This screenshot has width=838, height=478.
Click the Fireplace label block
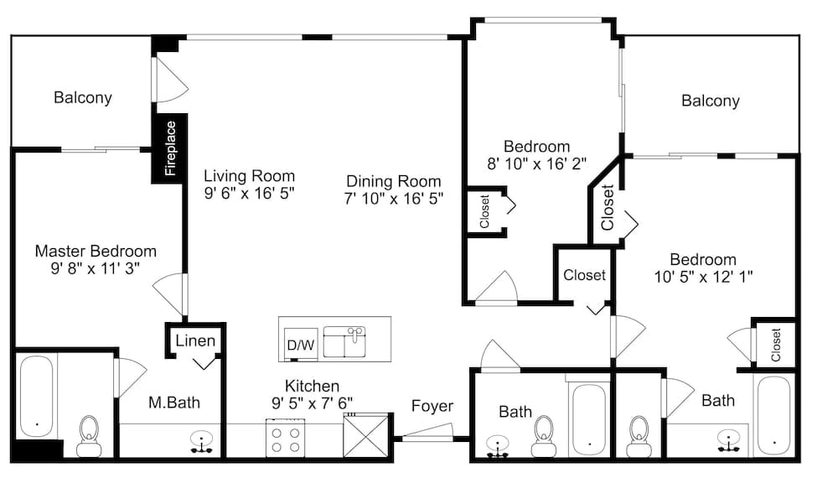click(170, 149)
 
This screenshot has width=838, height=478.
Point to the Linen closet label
click(195, 341)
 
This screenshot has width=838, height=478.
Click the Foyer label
click(432, 406)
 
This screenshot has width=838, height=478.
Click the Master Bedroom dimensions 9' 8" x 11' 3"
click(96, 268)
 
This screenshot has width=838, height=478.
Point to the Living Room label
click(250, 176)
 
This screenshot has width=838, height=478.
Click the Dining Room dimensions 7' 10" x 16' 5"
click(394, 199)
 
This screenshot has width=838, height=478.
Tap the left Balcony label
click(83, 97)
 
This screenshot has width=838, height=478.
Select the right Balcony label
click(710, 101)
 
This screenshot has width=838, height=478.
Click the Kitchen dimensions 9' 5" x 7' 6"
click(312, 403)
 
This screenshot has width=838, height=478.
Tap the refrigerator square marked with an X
click(367, 434)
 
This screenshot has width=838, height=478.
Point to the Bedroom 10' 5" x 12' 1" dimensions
click(702, 277)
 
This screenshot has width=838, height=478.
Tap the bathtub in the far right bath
click(773, 413)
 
